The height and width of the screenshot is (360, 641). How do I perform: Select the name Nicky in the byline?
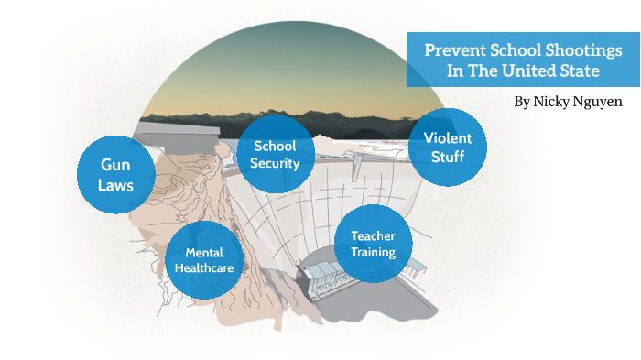pyautogui.click(x=552, y=102)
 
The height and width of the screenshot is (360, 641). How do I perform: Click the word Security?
pyautogui.click(x=276, y=163)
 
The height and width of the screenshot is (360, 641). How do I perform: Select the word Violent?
pyautogui.click(x=448, y=137)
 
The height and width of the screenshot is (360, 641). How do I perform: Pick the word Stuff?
pyautogui.click(x=448, y=157)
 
